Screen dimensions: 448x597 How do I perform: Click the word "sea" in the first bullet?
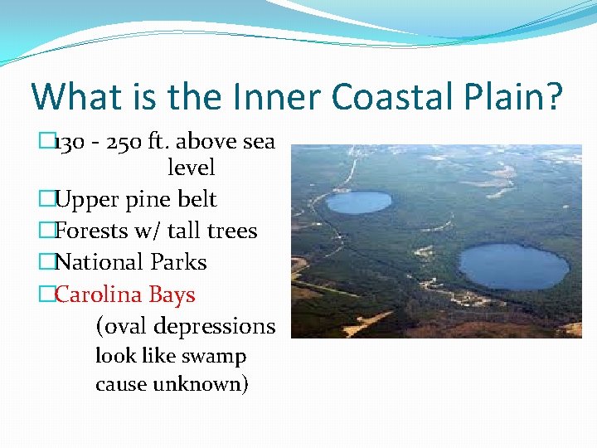(258, 142)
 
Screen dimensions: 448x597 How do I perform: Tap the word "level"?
(191, 168)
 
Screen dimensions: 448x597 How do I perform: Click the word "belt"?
(197, 200)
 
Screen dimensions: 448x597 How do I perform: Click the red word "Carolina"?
(99, 295)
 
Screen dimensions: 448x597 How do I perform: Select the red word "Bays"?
(172, 295)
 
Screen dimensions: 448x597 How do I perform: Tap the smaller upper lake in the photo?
(358, 202)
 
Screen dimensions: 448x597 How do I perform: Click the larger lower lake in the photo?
(514, 266)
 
